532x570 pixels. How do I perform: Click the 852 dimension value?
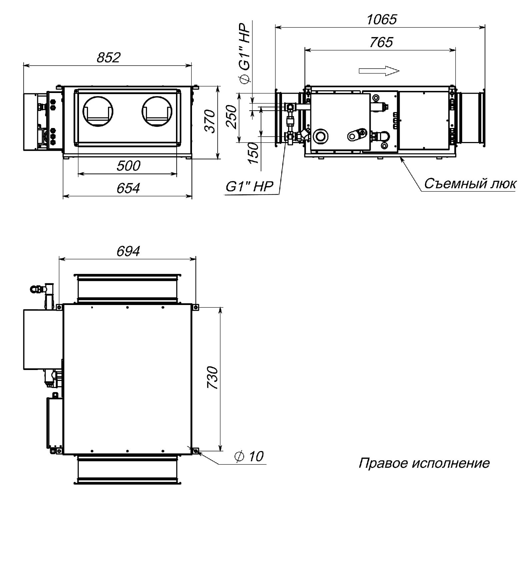click(108, 58)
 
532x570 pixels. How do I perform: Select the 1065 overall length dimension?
click(382, 20)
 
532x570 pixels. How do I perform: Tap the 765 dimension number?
click(381, 42)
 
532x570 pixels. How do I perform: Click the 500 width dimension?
click(128, 166)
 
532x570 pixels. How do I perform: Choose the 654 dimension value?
click(128, 188)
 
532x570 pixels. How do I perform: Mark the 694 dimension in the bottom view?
click(128, 251)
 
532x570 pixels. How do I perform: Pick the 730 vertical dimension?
click(213, 378)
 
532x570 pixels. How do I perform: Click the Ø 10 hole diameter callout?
click(249, 456)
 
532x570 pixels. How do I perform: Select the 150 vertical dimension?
click(254, 153)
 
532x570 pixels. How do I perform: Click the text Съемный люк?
click(470, 184)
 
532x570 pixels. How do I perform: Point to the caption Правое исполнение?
click(424, 463)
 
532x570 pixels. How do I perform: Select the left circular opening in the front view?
click(98, 112)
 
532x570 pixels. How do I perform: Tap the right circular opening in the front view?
click(157, 112)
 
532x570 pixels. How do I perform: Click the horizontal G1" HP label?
click(249, 187)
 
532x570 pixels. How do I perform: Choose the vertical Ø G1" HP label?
click(245, 53)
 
